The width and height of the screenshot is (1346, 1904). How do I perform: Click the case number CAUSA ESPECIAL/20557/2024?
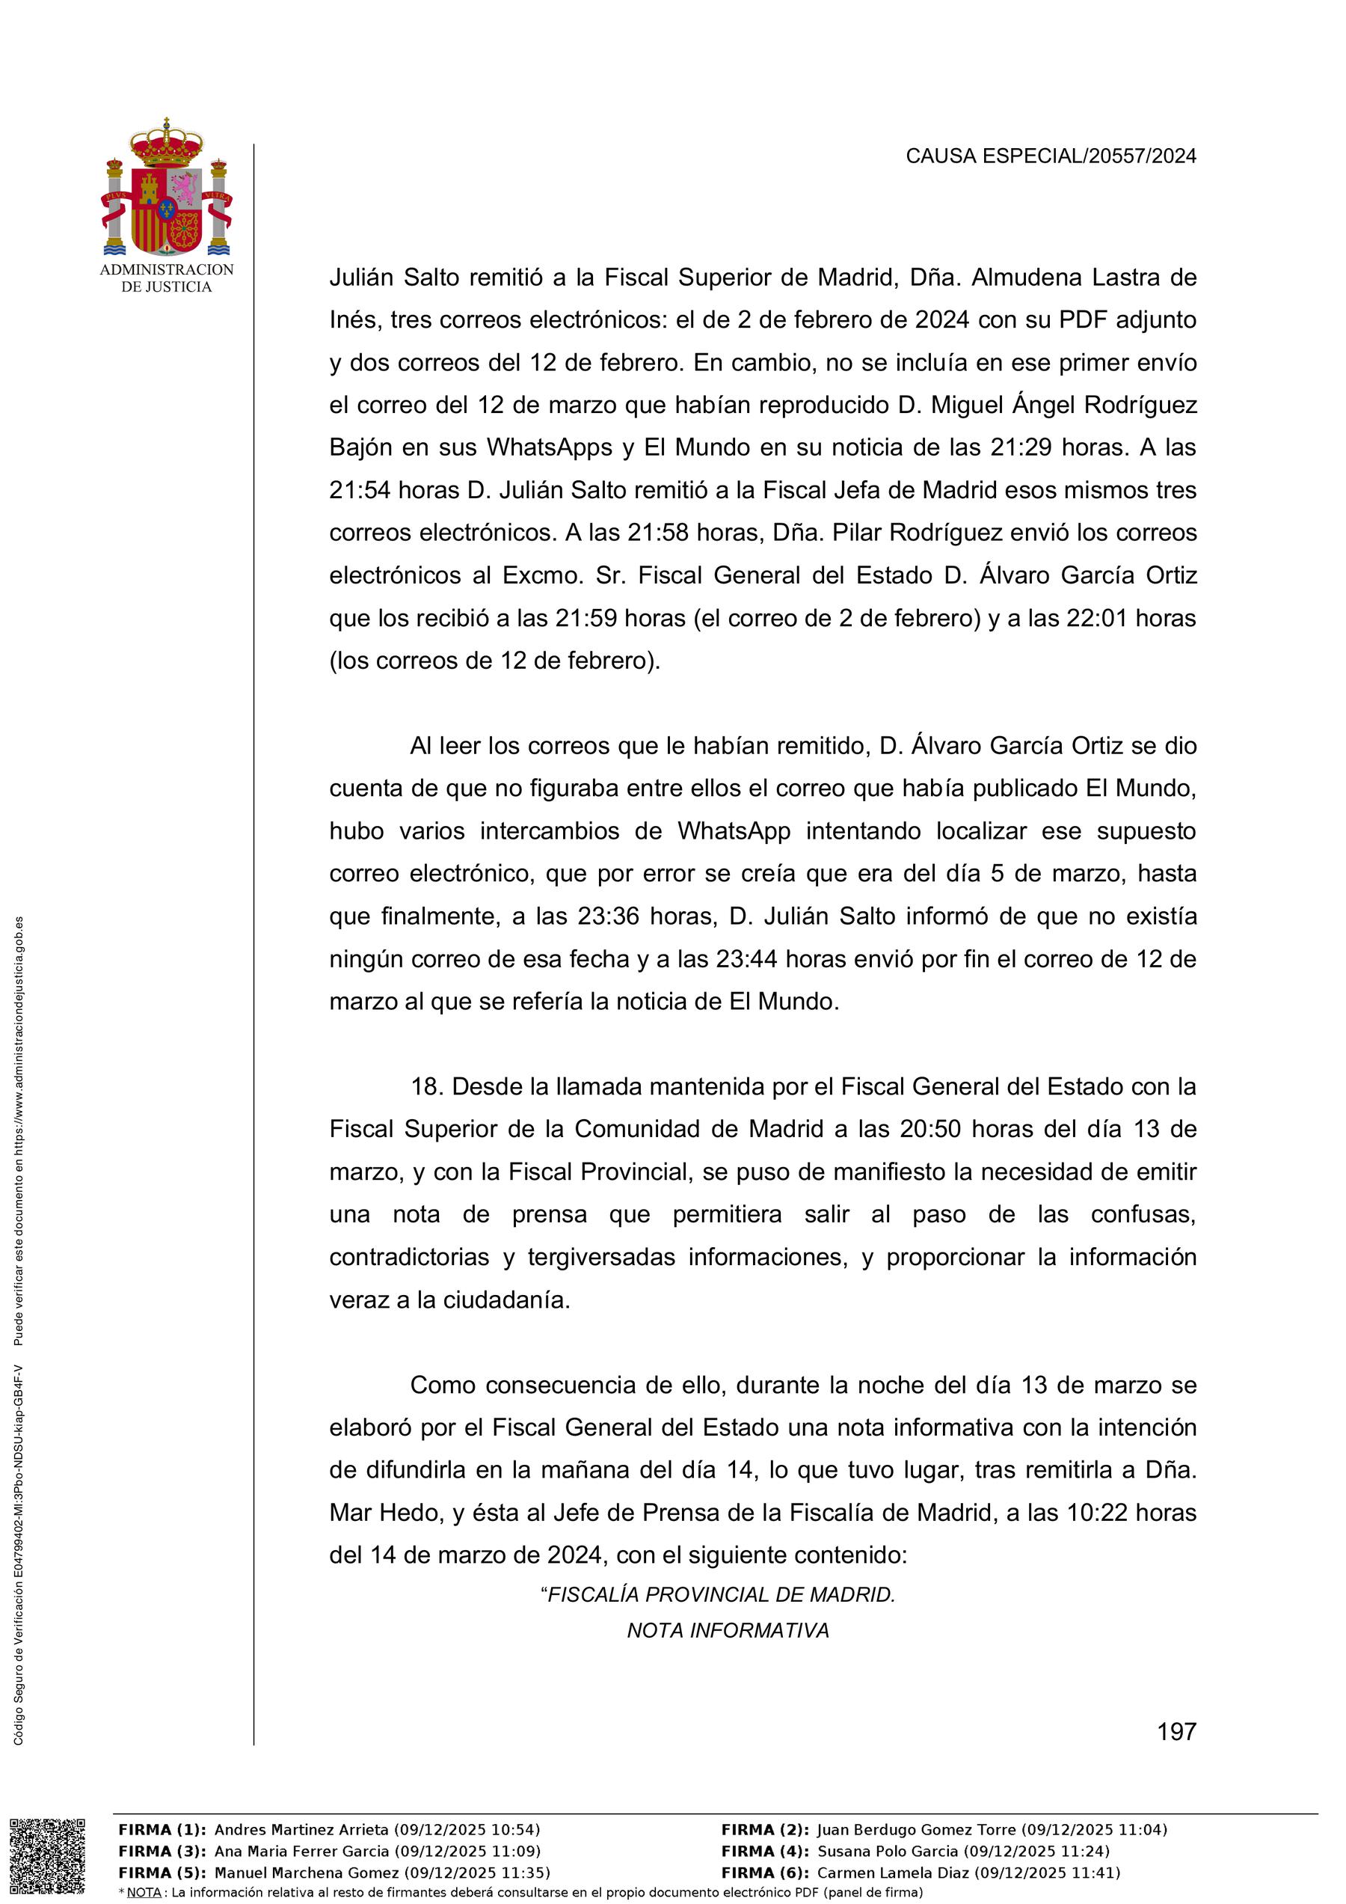pyautogui.click(x=1050, y=156)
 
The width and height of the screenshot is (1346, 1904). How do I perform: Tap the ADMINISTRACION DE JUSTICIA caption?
pyautogui.click(x=167, y=278)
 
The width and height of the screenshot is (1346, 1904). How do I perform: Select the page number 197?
pyautogui.click(x=1176, y=1731)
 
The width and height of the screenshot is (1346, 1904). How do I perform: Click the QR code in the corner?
pyautogui.click(x=47, y=1856)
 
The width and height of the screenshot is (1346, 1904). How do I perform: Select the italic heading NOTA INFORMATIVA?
pyautogui.click(x=728, y=1630)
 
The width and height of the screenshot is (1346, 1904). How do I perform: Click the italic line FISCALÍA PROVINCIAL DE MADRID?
pyautogui.click(x=718, y=1594)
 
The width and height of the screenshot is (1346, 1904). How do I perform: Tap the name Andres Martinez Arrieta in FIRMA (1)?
pyautogui.click(x=301, y=1829)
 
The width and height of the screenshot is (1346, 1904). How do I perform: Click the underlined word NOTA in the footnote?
pyautogui.click(x=144, y=1891)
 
